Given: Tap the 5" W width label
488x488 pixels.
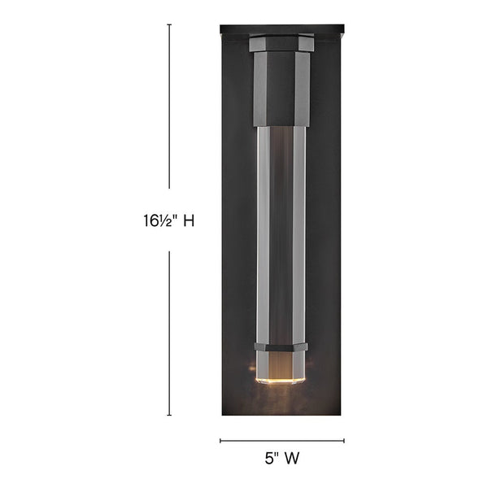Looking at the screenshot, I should click(281, 458).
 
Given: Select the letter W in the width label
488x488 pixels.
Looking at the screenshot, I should click(291, 458).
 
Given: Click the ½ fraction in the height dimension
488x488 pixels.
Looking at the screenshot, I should click(163, 220).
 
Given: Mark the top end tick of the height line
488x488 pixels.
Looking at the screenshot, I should click(169, 24).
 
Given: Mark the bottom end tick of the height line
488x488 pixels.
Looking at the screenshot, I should click(169, 416).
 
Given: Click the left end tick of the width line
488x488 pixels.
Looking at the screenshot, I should click(220, 441).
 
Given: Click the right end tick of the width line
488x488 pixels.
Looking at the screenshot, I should click(344, 441).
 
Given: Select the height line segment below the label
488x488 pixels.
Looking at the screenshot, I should click(169, 333).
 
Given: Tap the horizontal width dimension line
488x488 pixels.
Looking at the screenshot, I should click(282, 441).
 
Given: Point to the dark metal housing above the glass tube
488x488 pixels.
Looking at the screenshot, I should click(281, 89).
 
